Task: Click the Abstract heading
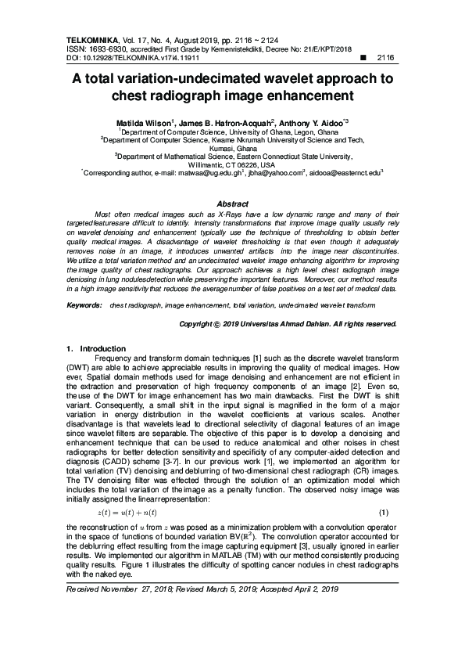[232, 203]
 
